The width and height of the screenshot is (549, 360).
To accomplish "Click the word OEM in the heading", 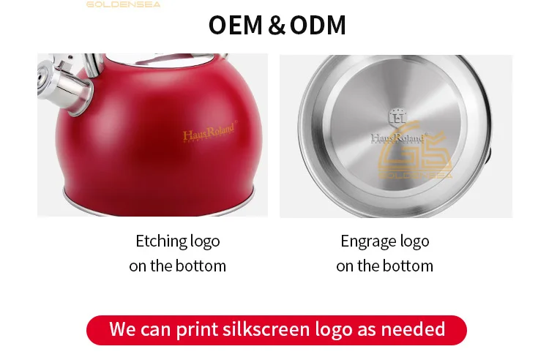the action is click(235, 25).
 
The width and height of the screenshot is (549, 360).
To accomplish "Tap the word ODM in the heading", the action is click(318, 25).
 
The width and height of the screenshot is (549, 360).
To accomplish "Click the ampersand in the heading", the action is click(277, 25).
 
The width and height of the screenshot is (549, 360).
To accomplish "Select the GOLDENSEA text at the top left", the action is click(123, 4).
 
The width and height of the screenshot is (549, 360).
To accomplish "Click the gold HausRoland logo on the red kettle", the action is click(209, 132).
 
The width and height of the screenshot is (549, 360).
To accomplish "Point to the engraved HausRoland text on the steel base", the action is click(398, 138).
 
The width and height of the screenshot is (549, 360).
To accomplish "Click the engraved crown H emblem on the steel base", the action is click(397, 117).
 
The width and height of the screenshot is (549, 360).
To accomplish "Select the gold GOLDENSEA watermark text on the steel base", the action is click(415, 175).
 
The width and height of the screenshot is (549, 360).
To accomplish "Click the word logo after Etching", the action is click(205, 241).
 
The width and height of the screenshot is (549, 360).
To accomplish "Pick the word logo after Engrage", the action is click(414, 241).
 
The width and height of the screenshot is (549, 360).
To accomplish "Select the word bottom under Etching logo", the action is click(201, 266).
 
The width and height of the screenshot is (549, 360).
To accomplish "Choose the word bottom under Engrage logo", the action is click(408, 266).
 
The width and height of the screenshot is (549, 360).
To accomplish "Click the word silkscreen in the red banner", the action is click(266, 329).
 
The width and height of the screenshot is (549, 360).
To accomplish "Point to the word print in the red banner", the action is click(197, 329).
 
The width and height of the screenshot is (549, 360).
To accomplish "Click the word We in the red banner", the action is click(122, 329).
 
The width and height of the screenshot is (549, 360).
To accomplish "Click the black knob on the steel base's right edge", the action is click(488, 156).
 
